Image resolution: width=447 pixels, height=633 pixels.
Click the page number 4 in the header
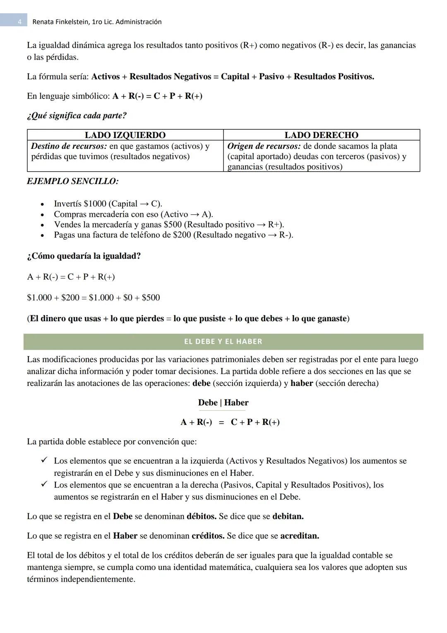coord(19,22)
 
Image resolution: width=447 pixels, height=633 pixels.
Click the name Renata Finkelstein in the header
coord(60,22)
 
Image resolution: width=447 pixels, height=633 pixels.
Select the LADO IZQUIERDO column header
coord(125,135)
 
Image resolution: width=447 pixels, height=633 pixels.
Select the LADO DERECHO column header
coord(321,135)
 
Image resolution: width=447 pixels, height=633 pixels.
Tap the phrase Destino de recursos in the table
coord(69,146)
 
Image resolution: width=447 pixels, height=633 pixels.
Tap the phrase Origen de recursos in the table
coord(264,146)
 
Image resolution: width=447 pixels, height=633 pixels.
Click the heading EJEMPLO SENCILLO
coord(72,182)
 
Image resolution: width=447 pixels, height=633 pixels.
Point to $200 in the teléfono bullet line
coord(182,235)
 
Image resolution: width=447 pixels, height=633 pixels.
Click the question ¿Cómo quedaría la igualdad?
coord(84,256)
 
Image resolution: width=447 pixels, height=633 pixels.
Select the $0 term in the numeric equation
coord(128,298)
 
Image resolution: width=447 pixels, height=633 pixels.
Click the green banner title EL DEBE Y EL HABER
coord(223,342)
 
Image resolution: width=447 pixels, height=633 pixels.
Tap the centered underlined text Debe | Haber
coord(223,403)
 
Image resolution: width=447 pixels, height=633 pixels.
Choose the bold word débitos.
coord(201,517)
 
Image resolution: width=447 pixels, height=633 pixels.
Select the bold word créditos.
coord(208,536)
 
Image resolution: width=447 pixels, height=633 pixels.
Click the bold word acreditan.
coord(299,536)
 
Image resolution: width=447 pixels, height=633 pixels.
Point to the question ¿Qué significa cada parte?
coord(77,116)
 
